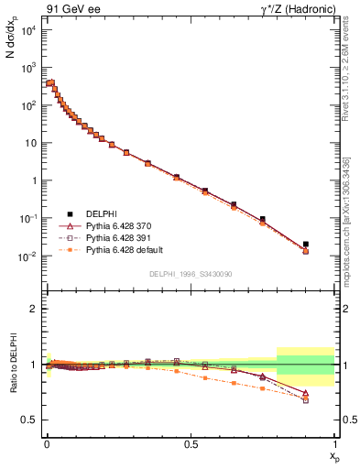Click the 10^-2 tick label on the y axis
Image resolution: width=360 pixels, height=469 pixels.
coord(27,256)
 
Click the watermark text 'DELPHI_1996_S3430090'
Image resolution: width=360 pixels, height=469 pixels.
coord(190,275)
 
